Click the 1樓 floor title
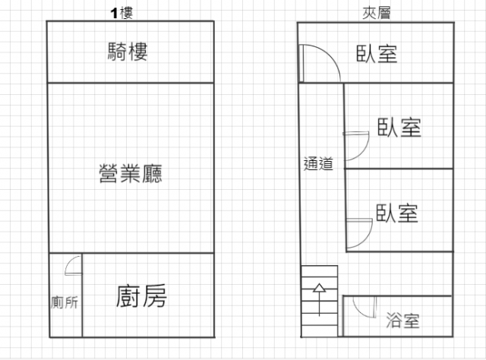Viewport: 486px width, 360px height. click(x=121, y=13)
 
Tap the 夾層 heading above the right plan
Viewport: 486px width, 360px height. click(x=377, y=13)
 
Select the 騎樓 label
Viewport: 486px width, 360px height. click(x=128, y=52)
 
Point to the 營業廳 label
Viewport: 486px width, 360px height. click(x=131, y=173)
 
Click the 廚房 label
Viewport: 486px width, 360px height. click(x=141, y=296)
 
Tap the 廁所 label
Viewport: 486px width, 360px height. click(x=65, y=302)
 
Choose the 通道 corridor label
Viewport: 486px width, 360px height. click(x=318, y=164)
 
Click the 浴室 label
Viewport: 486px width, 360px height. click(x=402, y=321)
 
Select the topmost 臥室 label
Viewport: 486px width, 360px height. click(x=377, y=54)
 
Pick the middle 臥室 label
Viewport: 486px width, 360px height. click(x=399, y=128)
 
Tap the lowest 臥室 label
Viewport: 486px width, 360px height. click(x=397, y=213)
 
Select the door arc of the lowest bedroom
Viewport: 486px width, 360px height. click(x=367, y=238)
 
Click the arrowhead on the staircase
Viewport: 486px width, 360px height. click(x=320, y=288)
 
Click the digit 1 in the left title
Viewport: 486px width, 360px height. click(x=114, y=14)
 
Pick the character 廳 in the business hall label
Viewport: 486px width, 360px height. click(x=152, y=173)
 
